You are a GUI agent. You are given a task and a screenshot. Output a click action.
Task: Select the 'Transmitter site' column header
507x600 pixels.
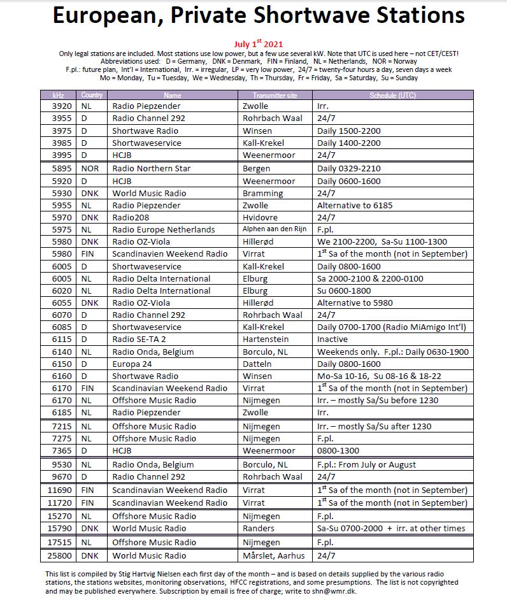tap(275, 95)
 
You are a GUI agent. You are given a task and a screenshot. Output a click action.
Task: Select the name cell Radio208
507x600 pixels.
tap(131, 217)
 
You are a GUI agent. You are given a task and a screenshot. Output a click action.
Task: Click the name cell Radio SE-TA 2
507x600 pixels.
tap(140, 339)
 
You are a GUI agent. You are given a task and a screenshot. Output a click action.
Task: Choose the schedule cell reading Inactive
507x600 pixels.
tap(332, 339)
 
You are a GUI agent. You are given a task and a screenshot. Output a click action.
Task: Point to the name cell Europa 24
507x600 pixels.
tap(132, 364)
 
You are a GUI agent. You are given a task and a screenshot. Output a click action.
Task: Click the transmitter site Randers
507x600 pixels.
tap(259, 528)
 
